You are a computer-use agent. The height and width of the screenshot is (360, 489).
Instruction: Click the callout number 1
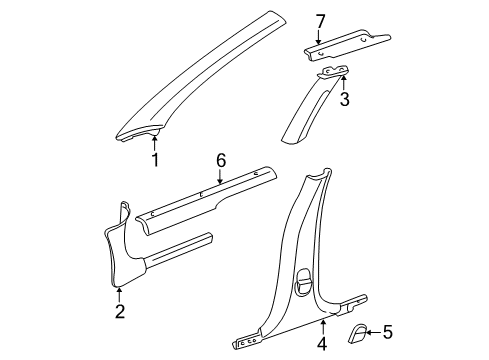coord(155,159)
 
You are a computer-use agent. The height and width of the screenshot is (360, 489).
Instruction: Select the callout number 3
coord(343,100)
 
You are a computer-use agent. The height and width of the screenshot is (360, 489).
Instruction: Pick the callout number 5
coord(388,332)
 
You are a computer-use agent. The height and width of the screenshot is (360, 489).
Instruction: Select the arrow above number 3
coord(343,82)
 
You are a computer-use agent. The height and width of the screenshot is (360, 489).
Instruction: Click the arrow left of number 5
coord(372,332)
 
